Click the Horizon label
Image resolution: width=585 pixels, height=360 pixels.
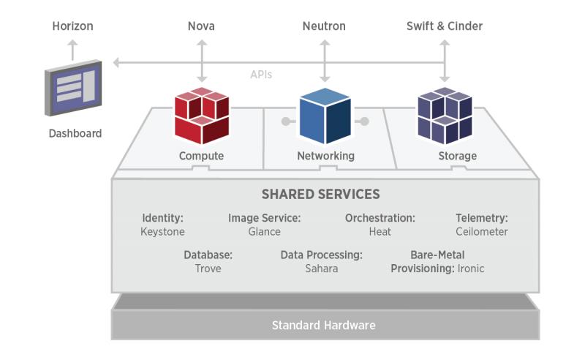[72, 26]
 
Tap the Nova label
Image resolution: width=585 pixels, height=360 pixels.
[201, 26]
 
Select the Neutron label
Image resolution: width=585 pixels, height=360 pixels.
[324, 26]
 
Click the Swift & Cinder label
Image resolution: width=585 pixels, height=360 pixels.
[445, 26]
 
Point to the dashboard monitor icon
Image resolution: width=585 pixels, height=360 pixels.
[74, 88]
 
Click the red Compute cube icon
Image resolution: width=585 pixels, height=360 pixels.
[202, 116]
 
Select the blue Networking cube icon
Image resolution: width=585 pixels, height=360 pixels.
[325, 116]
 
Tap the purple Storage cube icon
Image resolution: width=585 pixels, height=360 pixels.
[445, 116]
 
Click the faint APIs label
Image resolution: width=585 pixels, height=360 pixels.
[261, 75]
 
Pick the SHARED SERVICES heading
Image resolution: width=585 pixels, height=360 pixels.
[320, 194]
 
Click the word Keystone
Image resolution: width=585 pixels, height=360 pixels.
[162, 232]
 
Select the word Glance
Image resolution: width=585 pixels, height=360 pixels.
[264, 231]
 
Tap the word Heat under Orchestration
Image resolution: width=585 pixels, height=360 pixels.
[380, 231]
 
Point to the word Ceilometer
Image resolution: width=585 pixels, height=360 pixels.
[482, 231]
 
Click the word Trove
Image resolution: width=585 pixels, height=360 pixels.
[208, 269]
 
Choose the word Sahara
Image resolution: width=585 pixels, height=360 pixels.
[321, 269]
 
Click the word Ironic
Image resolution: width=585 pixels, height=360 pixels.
[471, 269]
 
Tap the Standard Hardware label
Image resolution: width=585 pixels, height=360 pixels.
[323, 326]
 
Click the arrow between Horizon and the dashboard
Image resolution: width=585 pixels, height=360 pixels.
[72, 50]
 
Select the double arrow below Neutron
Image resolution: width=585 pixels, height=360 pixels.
[325, 61]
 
